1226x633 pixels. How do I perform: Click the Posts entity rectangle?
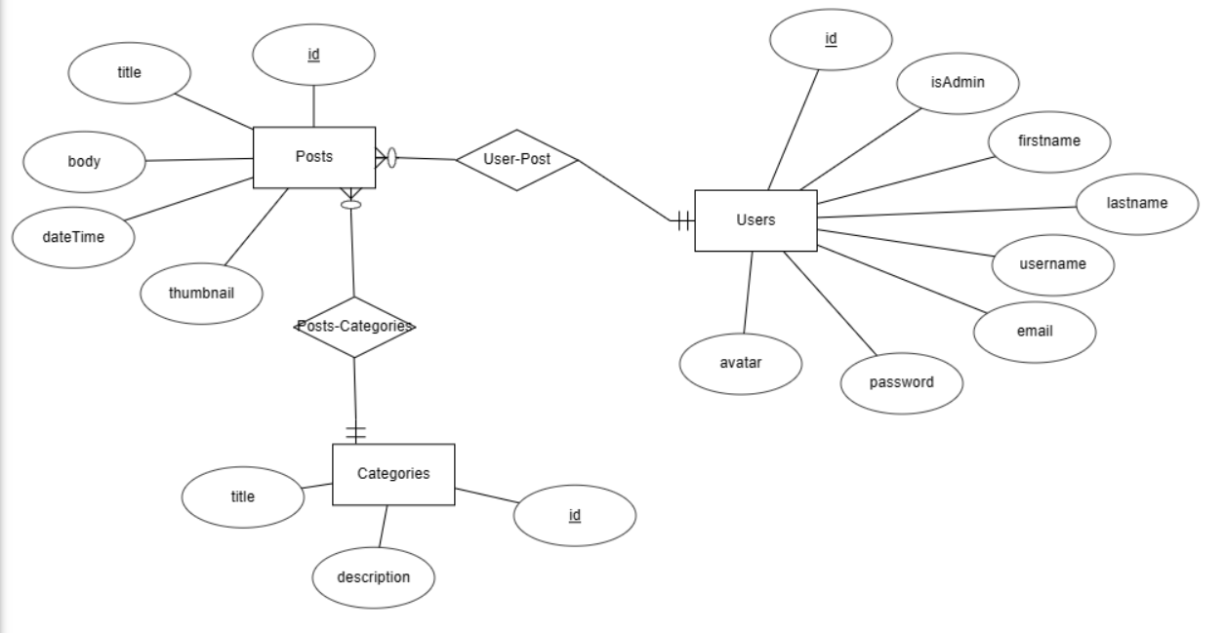tap(314, 157)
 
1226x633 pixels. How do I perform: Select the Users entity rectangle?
tap(756, 220)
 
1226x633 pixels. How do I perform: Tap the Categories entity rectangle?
tap(393, 474)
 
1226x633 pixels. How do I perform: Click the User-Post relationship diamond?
tap(517, 159)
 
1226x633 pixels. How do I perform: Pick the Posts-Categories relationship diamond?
tap(354, 327)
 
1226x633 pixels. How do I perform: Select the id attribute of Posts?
tap(313, 55)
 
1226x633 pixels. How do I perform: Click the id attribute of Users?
tap(831, 39)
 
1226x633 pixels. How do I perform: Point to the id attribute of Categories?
tap(574, 515)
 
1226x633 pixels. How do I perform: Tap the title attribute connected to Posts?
tap(129, 72)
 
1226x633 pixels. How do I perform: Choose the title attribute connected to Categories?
tap(242, 496)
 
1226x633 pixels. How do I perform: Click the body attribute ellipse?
tap(83, 161)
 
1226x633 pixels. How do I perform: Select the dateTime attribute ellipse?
tap(73, 237)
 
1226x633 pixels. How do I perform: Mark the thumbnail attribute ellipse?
tap(202, 293)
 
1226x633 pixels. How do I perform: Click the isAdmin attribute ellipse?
tap(958, 83)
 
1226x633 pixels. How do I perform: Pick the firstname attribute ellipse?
tap(1049, 141)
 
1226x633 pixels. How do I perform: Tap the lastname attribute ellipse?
tap(1137, 203)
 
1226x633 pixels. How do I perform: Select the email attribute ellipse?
tap(1035, 332)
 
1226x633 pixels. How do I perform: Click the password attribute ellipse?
tap(901, 382)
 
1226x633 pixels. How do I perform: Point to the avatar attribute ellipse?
tap(741, 363)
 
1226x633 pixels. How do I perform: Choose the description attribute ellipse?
tap(373, 577)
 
